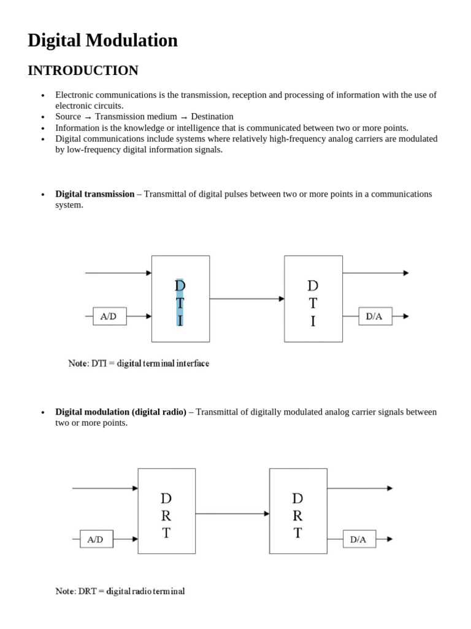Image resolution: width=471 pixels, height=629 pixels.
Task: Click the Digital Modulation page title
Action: pyautogui.click(x=102, y=41)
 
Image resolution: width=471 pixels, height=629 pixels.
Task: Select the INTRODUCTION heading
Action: pyautogui.click(x=83, y=71)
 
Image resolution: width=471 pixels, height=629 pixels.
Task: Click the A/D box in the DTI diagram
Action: pyautogui.click(x=109, y=316)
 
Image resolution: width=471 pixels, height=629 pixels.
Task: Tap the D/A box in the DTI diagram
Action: pyautogui.click(x=375, y=316)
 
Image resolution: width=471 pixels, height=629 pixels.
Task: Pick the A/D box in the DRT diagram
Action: pyautogui.click(x=96, y=539)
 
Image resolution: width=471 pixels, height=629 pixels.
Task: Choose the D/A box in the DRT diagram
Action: pyautogui.click(x=358, y=539)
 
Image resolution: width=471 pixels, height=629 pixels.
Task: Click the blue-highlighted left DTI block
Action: pyautogui.click(x=180, y=299)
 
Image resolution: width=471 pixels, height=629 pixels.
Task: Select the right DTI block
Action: pyautogui.click(x=313, y=299)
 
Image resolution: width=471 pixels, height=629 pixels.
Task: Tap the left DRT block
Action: pyautogui.click(x=166, y=511)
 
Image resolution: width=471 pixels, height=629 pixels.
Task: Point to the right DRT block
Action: pyautogui.click(x=298, y=511)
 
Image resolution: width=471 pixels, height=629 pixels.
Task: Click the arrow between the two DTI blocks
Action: pyautogui.click(x=247, y=299)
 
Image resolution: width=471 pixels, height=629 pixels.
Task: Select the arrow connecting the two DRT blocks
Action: pyautogui.click(x=232, y=512)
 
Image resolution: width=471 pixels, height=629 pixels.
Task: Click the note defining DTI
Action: pyautogui.click(x=139, y=363)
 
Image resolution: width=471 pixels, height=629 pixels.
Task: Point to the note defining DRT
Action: pyautogui.click(x=120, y=592)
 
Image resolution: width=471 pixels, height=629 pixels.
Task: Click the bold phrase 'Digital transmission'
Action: pyautogui.click(x=95, y=194)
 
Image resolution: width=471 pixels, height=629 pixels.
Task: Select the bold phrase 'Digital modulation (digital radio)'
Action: pyautogui.click(x=121, y=412)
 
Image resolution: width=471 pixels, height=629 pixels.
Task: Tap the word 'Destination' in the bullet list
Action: pyautogui.click(x=212, y=117)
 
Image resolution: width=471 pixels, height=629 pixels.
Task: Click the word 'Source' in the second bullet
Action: pyautogui.click(x=68, y=117)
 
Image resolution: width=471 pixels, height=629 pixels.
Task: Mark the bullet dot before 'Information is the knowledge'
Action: pyautogui.click(x=43, y=128)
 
